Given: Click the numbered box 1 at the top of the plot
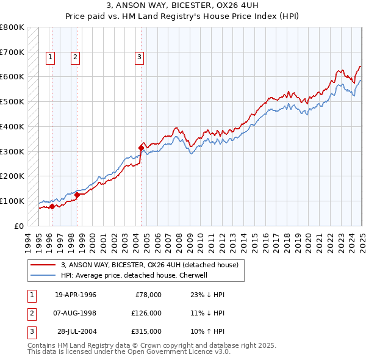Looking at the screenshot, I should pos(49,58).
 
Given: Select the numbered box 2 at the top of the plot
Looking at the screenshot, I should pos(75,58).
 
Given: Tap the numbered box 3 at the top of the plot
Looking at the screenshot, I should pos(139,58).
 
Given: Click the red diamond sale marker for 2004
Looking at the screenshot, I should pos(141,147).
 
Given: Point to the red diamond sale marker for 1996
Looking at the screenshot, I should pos(52,206).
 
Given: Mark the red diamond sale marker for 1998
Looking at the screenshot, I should pos(77,194).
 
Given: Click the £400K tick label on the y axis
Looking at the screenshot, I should pos(13,126).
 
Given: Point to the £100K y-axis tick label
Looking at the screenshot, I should pos(13,201).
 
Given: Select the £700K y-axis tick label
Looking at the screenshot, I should pos(13,52).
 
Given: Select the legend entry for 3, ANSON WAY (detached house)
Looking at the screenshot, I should pos(153,265).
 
